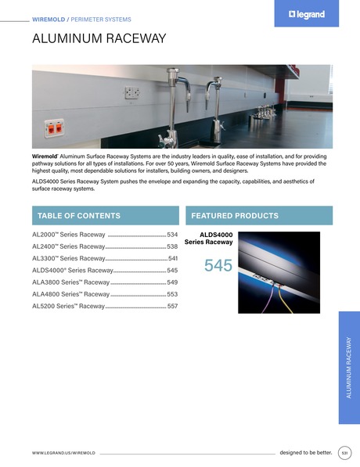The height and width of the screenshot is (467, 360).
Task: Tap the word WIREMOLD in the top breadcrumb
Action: point(49,18)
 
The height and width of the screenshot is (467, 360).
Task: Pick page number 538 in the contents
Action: point(172,246)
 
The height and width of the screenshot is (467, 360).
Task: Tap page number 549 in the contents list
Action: point(172,282)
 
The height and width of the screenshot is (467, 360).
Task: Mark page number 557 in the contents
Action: point(172,306)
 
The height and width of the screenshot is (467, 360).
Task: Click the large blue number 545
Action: point(218,266)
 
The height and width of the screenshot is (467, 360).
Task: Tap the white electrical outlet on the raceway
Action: point(131,93)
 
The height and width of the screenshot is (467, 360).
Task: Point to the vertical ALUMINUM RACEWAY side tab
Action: point(349,367)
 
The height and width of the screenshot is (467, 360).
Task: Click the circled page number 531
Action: point(344,452)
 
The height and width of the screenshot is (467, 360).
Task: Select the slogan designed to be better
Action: point(306,452)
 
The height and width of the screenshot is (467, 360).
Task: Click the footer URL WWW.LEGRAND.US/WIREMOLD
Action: point(63,453)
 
